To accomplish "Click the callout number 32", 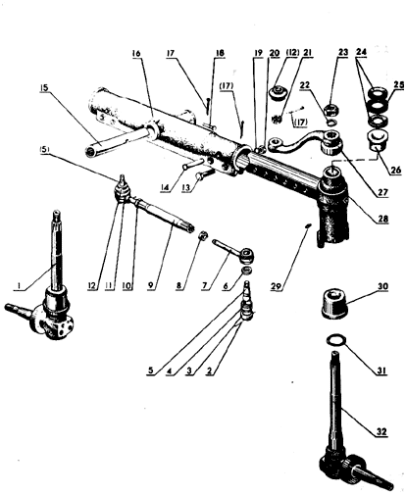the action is click(x=381, y=431).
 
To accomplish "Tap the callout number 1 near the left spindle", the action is click(x=20, y=286).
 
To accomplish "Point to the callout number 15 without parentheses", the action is click(x=44, y=87).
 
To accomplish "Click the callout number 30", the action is click(x=382, y=286).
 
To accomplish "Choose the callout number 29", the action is click(x=276, y=286).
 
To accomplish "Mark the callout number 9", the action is click(x=150, y=286).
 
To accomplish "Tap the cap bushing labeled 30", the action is click(x=333, y=303).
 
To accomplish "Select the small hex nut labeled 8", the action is click(x=203, y=235).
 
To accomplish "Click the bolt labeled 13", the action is click(x=204, y=174).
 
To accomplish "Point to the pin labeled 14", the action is click(x=193, y=164).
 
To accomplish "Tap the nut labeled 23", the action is click(x=332, y=109).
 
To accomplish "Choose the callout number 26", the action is click(x=395, y=170).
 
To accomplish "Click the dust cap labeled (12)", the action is click(x=279, y=92).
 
